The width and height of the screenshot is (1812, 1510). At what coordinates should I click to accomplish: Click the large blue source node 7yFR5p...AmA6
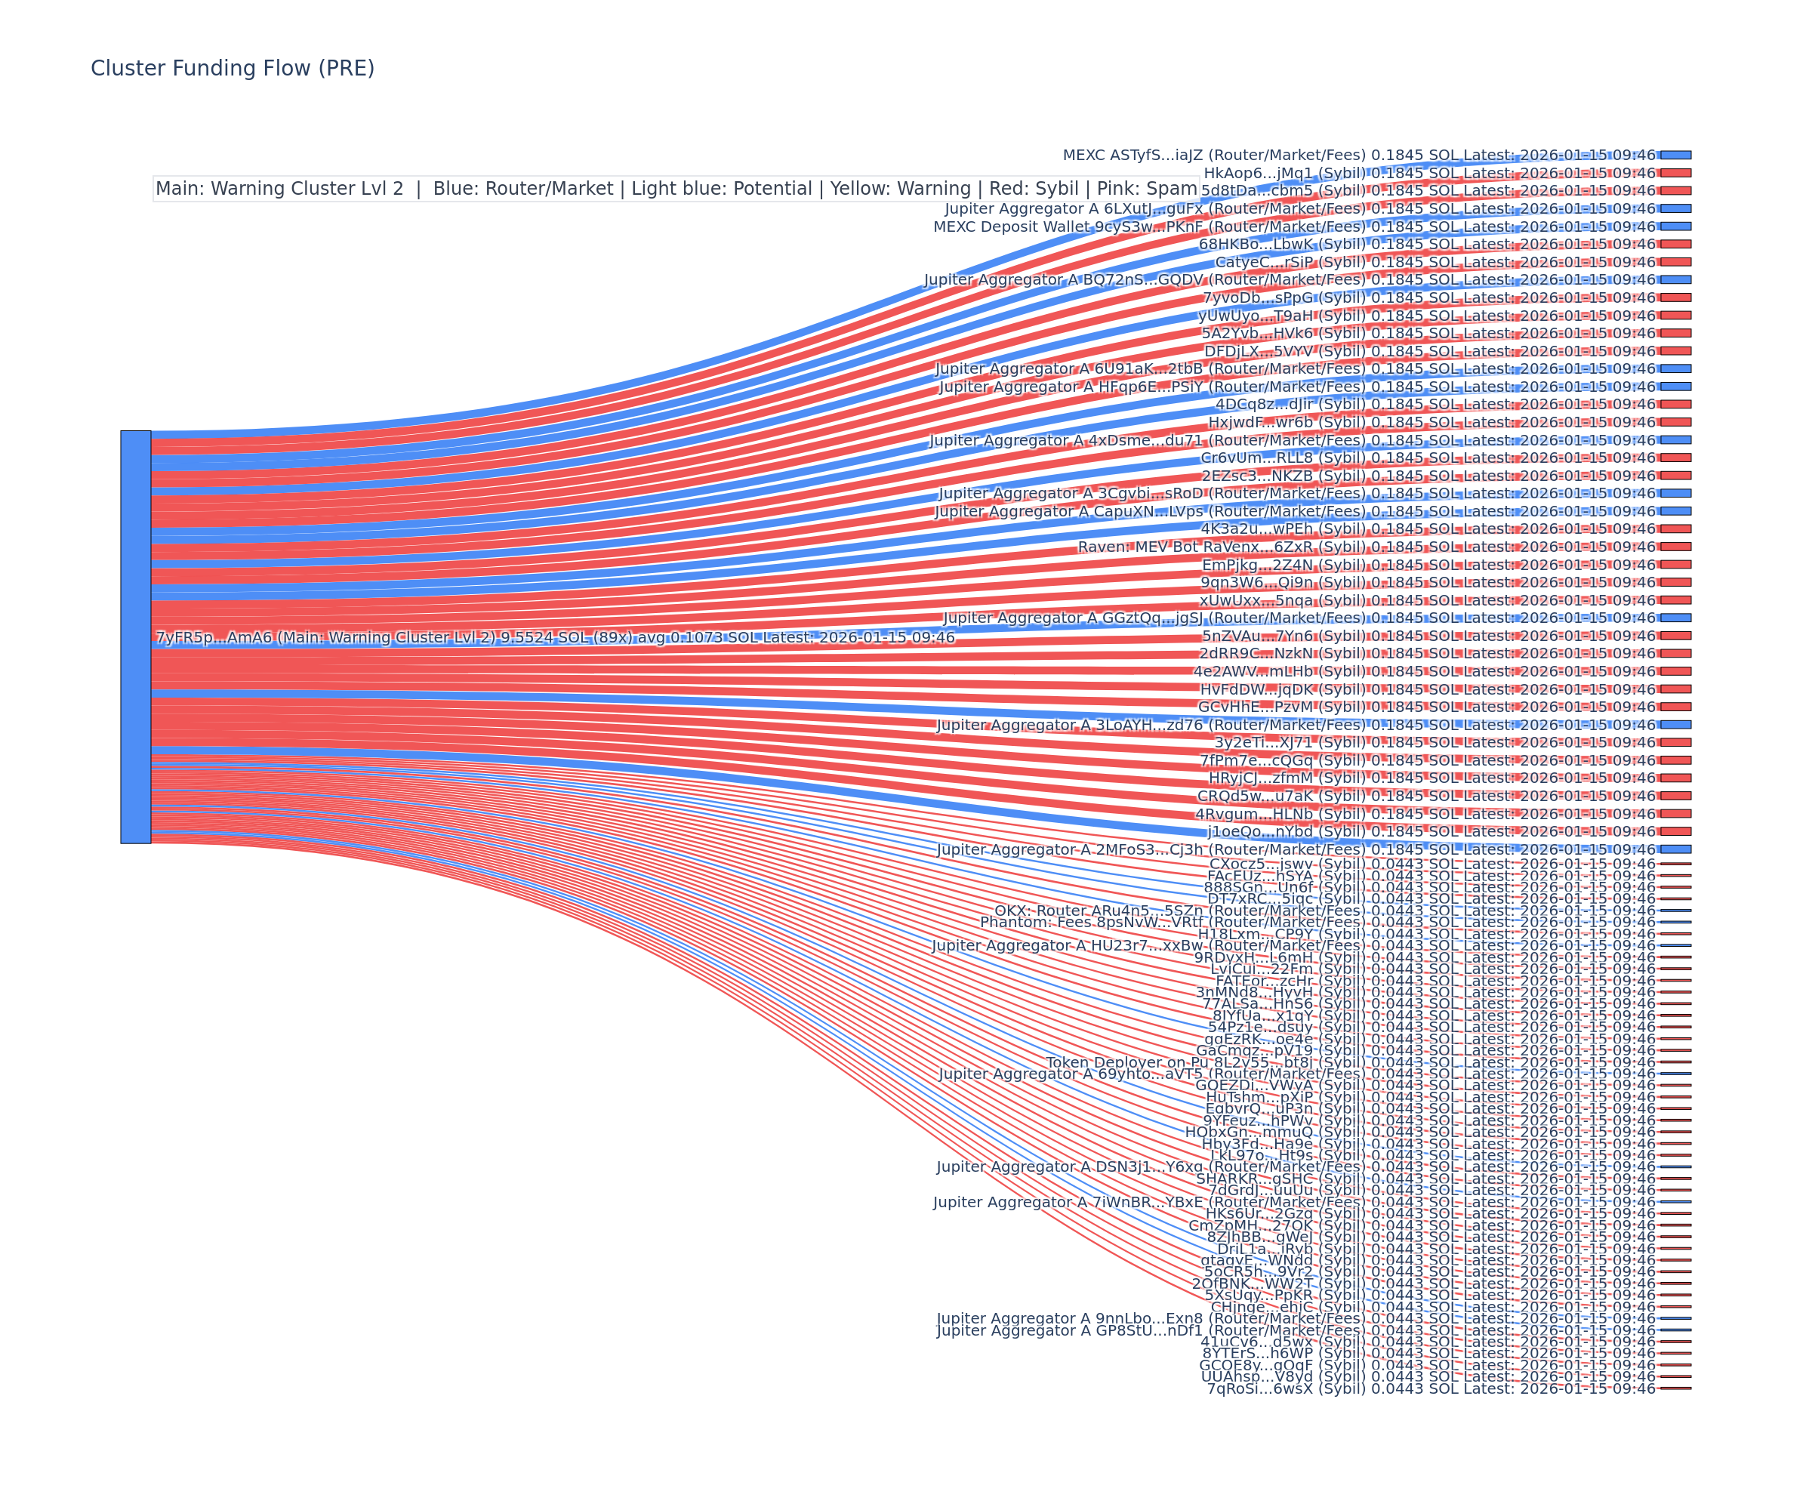pyautogui.click(x=135, y=636)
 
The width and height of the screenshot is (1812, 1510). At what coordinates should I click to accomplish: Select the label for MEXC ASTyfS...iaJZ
pyautogui.click(x=1359, y=156)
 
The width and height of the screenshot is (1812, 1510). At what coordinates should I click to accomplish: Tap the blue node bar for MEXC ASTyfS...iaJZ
pyautogui.click(x=1675, y=156)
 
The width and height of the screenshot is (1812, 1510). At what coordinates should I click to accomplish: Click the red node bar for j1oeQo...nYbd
pyautogui.click(x=1675, y=832)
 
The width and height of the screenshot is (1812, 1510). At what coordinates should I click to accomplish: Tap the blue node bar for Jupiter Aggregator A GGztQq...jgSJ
pyautogui.click(x=1675, y=618)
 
